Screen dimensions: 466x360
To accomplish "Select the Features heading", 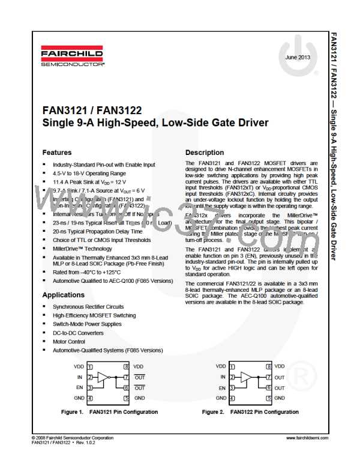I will tap(57, 153).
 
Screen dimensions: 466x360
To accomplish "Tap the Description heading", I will tap(205, 153).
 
